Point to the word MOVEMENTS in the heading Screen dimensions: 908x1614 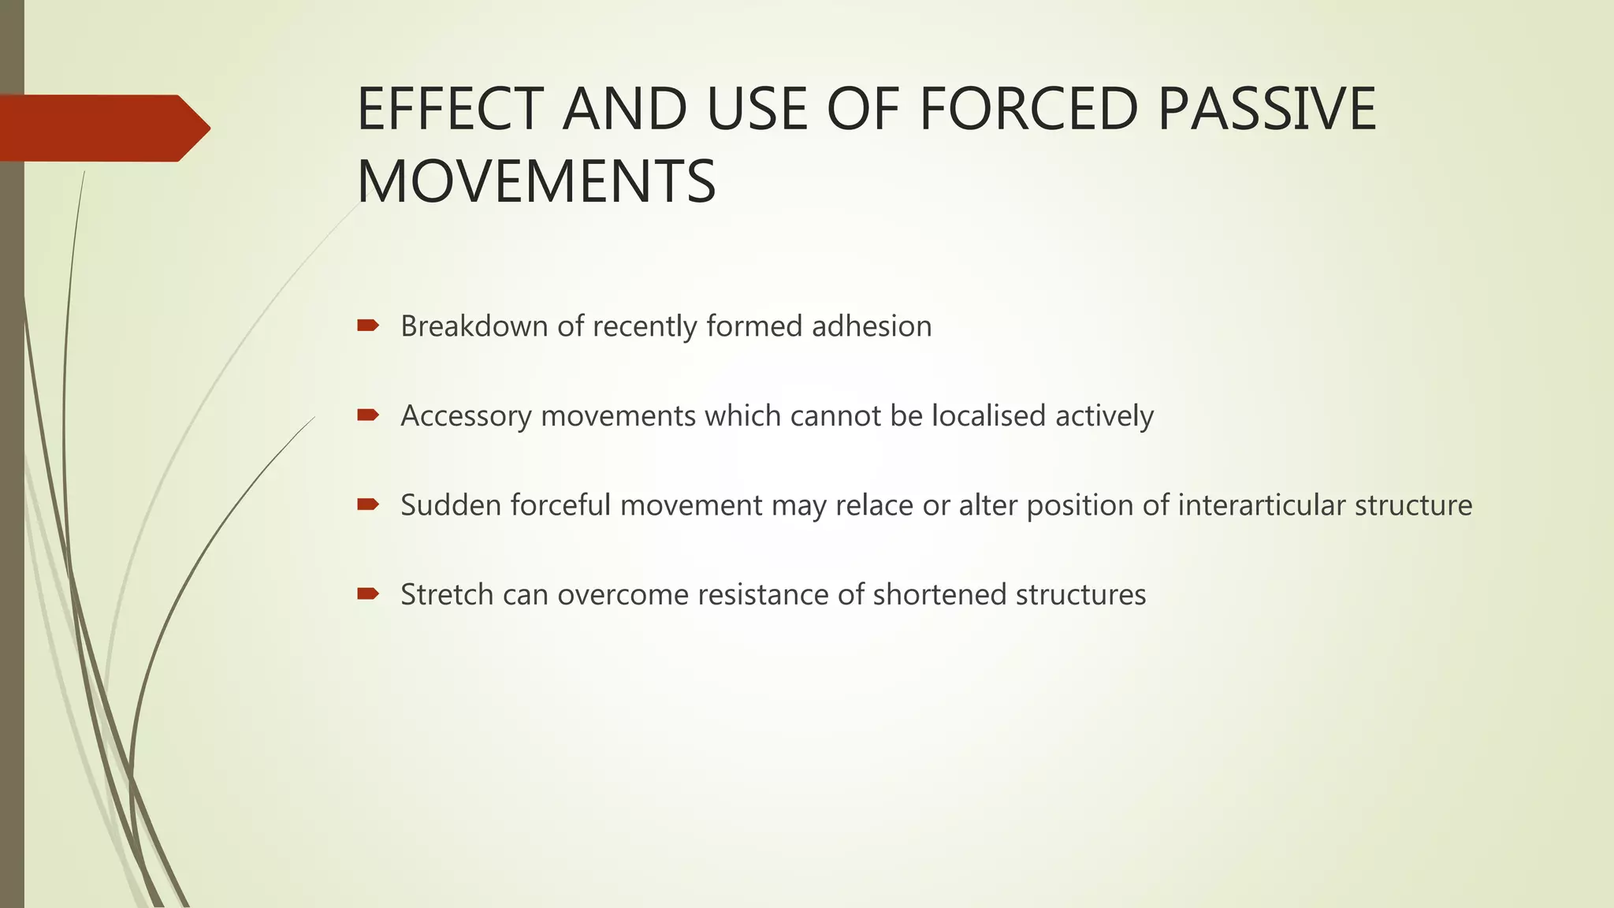(536, 182)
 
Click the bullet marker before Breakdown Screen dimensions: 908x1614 (368, 325)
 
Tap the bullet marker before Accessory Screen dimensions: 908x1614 (368, 415)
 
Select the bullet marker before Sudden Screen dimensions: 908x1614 (368, 504)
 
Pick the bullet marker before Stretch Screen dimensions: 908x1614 (368, 594)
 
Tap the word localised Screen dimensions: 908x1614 (988, 415)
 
